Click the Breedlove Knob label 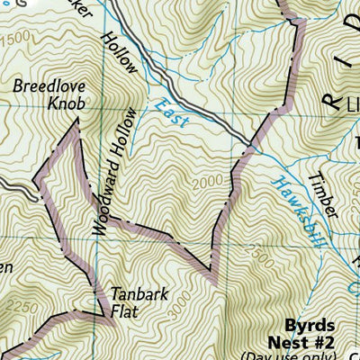(49, 95)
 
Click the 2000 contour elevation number (205, 184)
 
